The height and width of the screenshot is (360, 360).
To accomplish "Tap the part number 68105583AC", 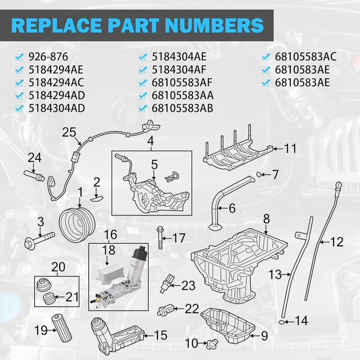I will pos(305,56).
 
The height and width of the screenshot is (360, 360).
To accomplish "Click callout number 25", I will pos(69,133).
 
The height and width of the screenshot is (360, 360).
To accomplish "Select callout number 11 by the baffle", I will pos(290,148).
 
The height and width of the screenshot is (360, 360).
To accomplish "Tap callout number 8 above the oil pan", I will pos(267,218).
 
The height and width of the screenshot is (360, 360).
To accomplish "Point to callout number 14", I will pos(301,321).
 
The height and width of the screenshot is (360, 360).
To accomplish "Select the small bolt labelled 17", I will pos(161,238).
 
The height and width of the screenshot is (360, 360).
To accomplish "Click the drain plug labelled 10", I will pos(213,342).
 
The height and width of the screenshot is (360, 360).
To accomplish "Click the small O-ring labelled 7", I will pos(258,174).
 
